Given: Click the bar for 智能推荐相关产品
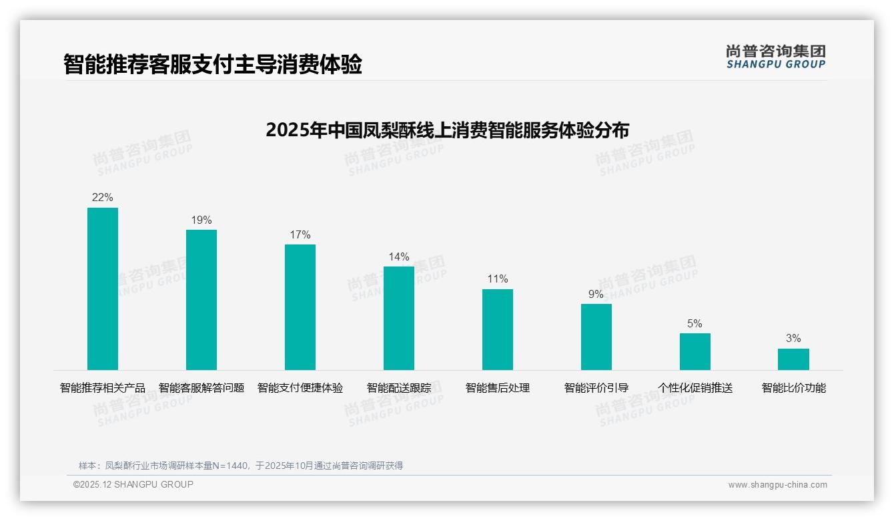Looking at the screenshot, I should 103,289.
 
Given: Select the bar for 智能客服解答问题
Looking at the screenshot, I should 201,300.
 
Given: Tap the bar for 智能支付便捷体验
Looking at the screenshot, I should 300,307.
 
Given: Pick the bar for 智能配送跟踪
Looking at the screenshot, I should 399,318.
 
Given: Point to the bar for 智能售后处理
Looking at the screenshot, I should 498,329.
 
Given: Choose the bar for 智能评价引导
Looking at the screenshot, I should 596,337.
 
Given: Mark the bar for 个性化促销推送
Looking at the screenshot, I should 695,351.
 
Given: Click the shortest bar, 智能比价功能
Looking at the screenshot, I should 793,359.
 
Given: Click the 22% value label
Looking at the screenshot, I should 103,198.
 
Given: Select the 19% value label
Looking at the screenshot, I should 201,220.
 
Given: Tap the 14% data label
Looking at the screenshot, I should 399,257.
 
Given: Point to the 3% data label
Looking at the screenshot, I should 793,339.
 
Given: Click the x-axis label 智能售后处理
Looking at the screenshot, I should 498,388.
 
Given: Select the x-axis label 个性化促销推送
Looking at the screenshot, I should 695,388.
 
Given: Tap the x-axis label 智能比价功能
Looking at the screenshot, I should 794,388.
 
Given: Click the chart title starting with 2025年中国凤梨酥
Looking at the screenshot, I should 447,130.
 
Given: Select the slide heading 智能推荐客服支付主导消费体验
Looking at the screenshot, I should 212,65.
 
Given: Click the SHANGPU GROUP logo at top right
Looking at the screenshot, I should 775,57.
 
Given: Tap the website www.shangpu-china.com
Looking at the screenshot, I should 777,485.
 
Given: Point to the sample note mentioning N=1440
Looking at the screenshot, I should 241,466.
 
